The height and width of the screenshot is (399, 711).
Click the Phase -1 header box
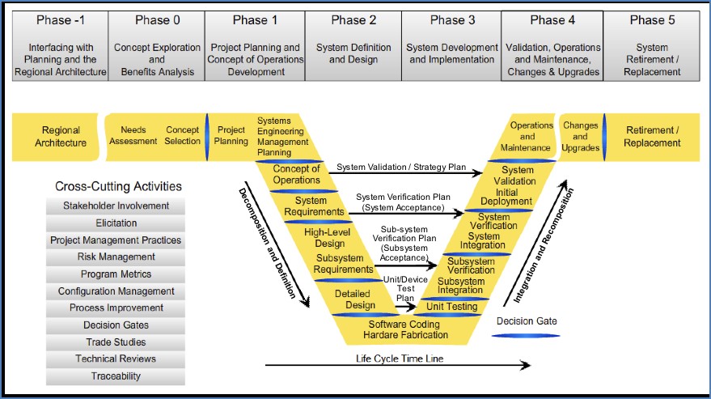pos(61,46)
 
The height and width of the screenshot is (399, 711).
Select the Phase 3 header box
pos(451,46)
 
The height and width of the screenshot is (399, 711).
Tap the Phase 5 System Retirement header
pos(652,46)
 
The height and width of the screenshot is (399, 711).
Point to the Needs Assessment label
pos(133,135)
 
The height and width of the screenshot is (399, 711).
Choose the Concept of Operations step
pos(297,174)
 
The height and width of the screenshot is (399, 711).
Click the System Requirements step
pos(314,206)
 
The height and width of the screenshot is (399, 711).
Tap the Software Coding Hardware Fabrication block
pos(405,329)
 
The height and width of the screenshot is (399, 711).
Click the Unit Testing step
pos(451,307)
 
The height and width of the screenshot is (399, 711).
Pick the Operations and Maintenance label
pos(526,136)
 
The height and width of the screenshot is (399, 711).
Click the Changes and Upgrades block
pos(581,137)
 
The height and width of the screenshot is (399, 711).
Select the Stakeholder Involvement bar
pos(116,206)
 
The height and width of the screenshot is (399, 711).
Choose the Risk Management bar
pos(116,257)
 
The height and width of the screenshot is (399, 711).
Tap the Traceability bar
pos(116,376)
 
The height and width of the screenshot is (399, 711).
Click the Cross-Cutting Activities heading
pos(118,186)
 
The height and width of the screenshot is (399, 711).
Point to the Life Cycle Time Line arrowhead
pos(526,365)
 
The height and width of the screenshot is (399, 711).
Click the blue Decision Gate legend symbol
pos(526,336)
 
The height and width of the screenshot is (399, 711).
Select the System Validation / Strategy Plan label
pos(401,167)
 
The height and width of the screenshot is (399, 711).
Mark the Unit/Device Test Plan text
pos(405,289)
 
